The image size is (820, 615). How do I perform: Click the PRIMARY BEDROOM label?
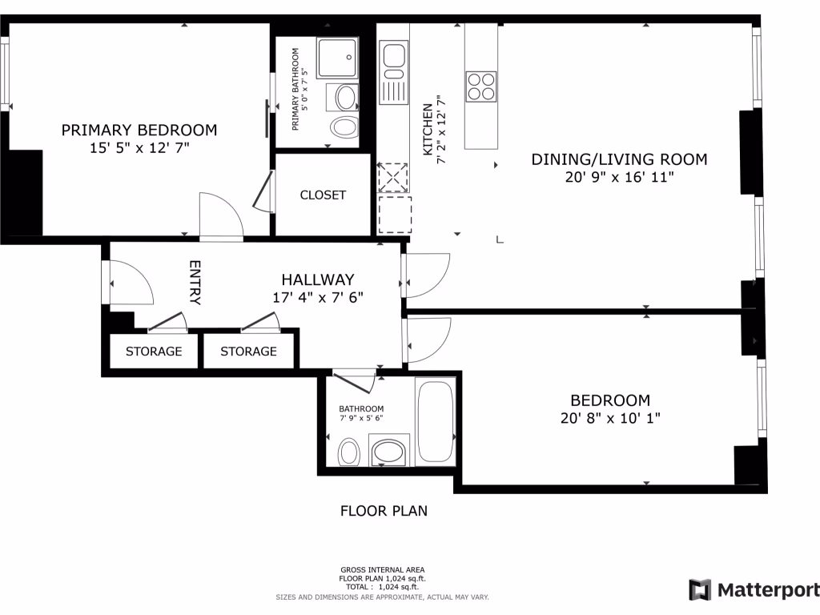tap(139, 130)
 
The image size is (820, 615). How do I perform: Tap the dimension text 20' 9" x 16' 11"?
tap(619, 177)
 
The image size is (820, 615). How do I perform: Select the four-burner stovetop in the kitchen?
tap(480, 86)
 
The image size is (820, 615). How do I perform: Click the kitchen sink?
tap(394, 57)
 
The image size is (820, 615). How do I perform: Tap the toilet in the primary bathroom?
tap(345, 127)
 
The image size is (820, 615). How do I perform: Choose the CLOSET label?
tap(323, 195)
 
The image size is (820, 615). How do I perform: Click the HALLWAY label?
tap(317, 279)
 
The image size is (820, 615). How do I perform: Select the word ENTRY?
tap(195, 282)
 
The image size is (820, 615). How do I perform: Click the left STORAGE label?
tap(154, 351)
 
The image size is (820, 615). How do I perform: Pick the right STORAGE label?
tap(248, 351)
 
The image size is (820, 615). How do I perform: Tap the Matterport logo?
tap(754, 590)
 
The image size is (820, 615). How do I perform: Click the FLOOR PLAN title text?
tap(384, 510)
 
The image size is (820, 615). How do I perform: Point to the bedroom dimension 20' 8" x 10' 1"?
tap(609, 417)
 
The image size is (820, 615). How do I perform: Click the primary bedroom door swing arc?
tap(223, 213)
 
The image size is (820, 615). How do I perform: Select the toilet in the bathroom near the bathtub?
tap(348, 452)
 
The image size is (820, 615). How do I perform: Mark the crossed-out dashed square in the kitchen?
tap(392, 178)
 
